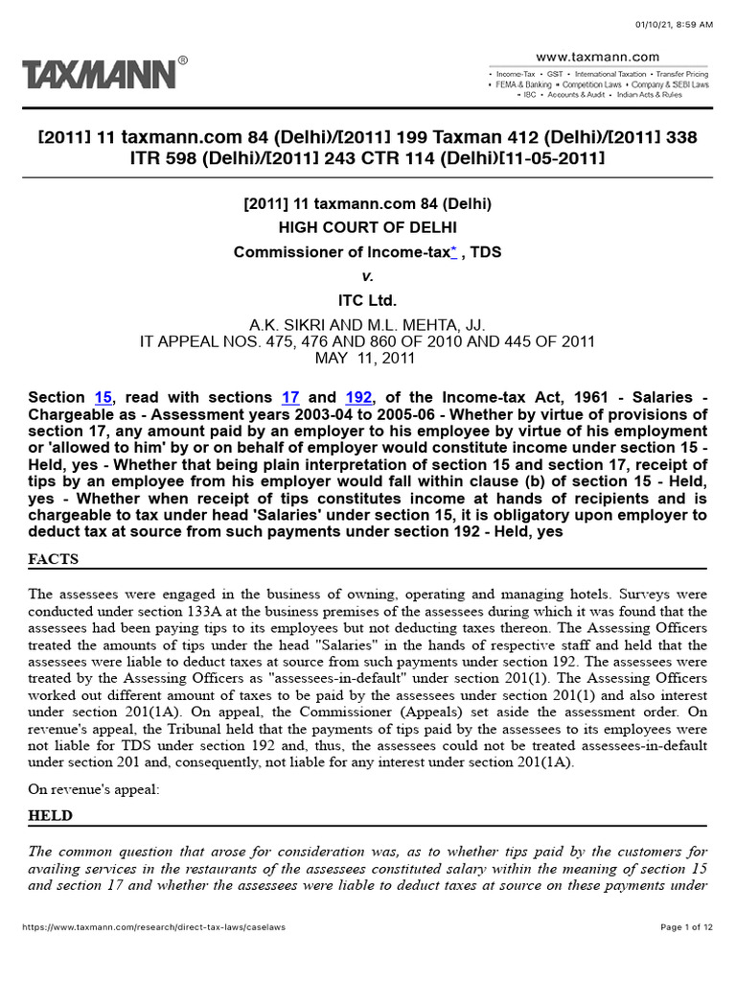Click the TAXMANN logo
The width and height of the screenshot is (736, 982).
99,75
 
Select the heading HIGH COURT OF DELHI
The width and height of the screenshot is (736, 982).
368,227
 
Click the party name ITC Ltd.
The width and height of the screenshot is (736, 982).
368,300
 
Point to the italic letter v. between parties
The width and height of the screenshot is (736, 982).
368,276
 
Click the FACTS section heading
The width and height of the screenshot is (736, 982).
54,559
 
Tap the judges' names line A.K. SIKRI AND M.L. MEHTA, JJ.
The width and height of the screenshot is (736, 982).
368,325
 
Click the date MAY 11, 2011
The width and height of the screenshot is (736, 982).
368,359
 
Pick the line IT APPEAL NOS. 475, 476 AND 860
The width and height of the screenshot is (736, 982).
368,341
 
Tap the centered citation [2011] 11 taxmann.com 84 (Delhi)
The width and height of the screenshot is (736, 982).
368,203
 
